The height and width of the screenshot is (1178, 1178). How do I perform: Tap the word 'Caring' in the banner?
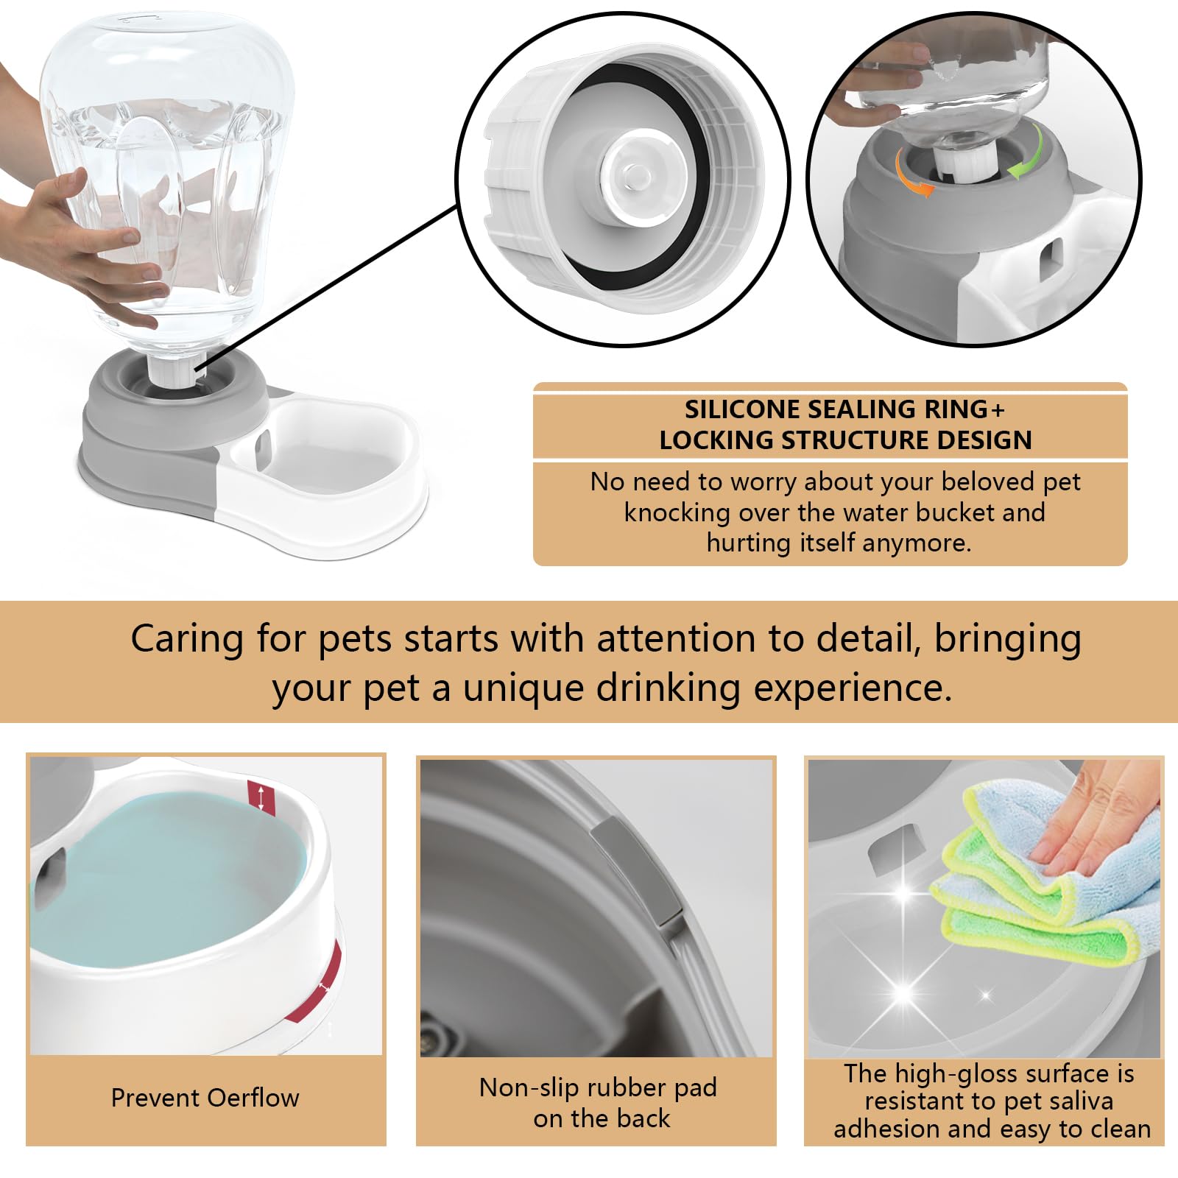(x=186, y=638)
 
